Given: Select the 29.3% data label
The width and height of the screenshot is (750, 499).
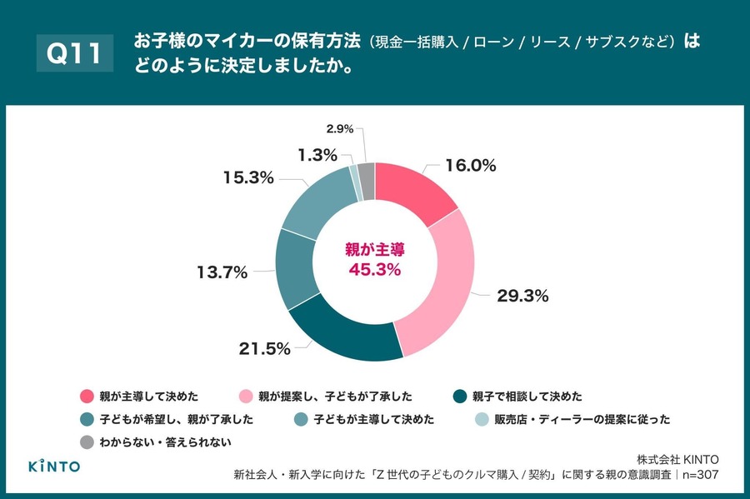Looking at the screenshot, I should (522, 296).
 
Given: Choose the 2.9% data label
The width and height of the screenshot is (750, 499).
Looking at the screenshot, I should (340, 129).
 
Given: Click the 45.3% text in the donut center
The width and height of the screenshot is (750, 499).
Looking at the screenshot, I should (374, 269).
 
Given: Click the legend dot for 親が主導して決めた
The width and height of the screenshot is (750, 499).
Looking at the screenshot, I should (87, 397).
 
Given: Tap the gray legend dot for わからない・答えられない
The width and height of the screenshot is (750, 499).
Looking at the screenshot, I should (87, 442).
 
